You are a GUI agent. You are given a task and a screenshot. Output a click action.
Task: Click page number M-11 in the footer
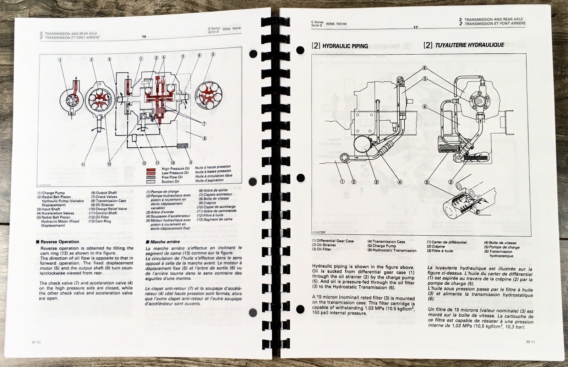click(531, 342)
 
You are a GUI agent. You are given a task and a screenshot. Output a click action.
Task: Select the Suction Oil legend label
click(173, 182)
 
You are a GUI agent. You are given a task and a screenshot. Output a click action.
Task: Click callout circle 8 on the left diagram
click(205, 138)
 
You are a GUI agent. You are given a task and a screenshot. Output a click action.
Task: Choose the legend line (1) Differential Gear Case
click(333, 241)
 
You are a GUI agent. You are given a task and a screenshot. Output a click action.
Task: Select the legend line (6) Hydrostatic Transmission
click(392, 250)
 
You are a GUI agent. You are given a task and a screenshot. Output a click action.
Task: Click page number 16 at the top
click(144, 36)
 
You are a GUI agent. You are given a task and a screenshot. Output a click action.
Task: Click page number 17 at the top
click(415, 27)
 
